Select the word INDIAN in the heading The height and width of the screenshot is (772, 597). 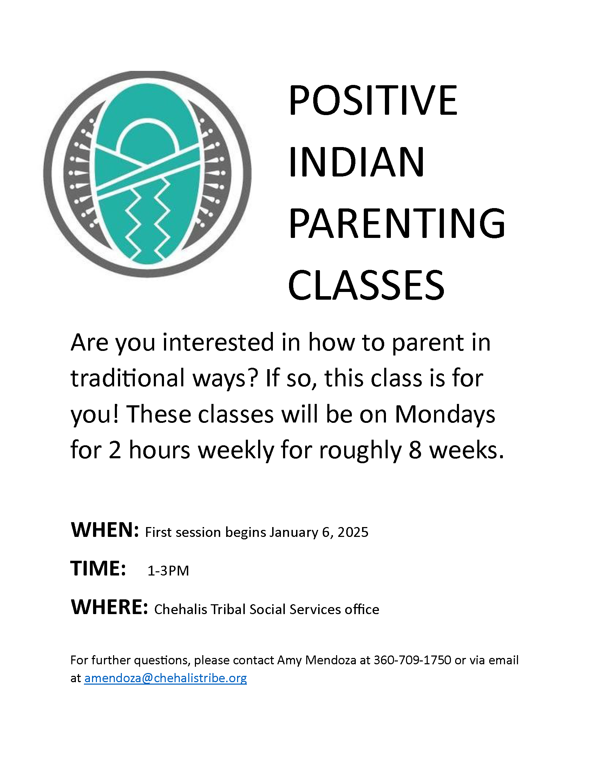pyautogui.click(x=356, y=162)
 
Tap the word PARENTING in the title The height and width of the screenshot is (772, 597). pyautogui.click(x=397, y=224)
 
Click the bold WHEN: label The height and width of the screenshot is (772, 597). pyautogui.click(x=105, y=530)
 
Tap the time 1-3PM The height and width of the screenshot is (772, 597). pyautogui.click(x=168, y=571)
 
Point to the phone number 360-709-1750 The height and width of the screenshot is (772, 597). pyautogui.click(x=412, y=660)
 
